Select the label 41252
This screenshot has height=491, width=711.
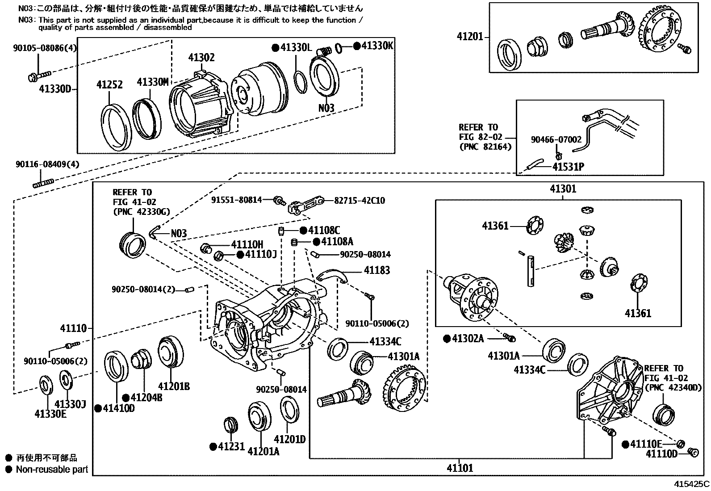pos(109,84)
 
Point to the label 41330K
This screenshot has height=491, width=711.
pos(377,46)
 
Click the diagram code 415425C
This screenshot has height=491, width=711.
pos(691,484)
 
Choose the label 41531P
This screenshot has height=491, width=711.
pos(568,167)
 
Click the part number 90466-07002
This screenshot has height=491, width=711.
pos(556,140)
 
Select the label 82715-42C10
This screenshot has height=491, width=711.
pos(360,201)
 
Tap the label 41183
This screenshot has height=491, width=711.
pos(376,270)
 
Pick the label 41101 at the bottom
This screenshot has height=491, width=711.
pos(460,468)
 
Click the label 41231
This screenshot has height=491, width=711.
pos(231,446)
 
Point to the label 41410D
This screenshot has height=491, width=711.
pos(118,408)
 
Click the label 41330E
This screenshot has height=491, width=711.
pos(50,414)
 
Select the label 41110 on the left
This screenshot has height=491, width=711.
pos(74,329)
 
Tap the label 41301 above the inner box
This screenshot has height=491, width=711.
pos(563,189)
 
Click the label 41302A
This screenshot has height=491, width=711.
pos(468,339)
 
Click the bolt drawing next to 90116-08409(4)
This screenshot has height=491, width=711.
pos(43,183)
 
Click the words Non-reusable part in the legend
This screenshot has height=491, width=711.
pos(52,470)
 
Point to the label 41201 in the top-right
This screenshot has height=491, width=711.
pos(470,36)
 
